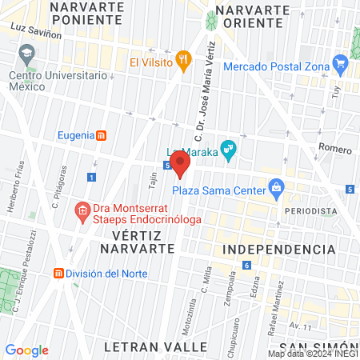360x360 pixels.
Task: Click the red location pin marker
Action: (x=181, y=163)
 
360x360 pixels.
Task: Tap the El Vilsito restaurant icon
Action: (x=184, y=58)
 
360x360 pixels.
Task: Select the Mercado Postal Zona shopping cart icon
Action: (x=342, y=61)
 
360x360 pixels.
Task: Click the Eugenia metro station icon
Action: (x=102, y=135)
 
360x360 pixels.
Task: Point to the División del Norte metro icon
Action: (x=58, y=273)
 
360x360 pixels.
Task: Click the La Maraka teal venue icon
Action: (x=228, y=148)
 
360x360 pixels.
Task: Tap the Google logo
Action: (x=27, y=350)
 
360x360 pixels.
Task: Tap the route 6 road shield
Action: (x=247, y=265)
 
